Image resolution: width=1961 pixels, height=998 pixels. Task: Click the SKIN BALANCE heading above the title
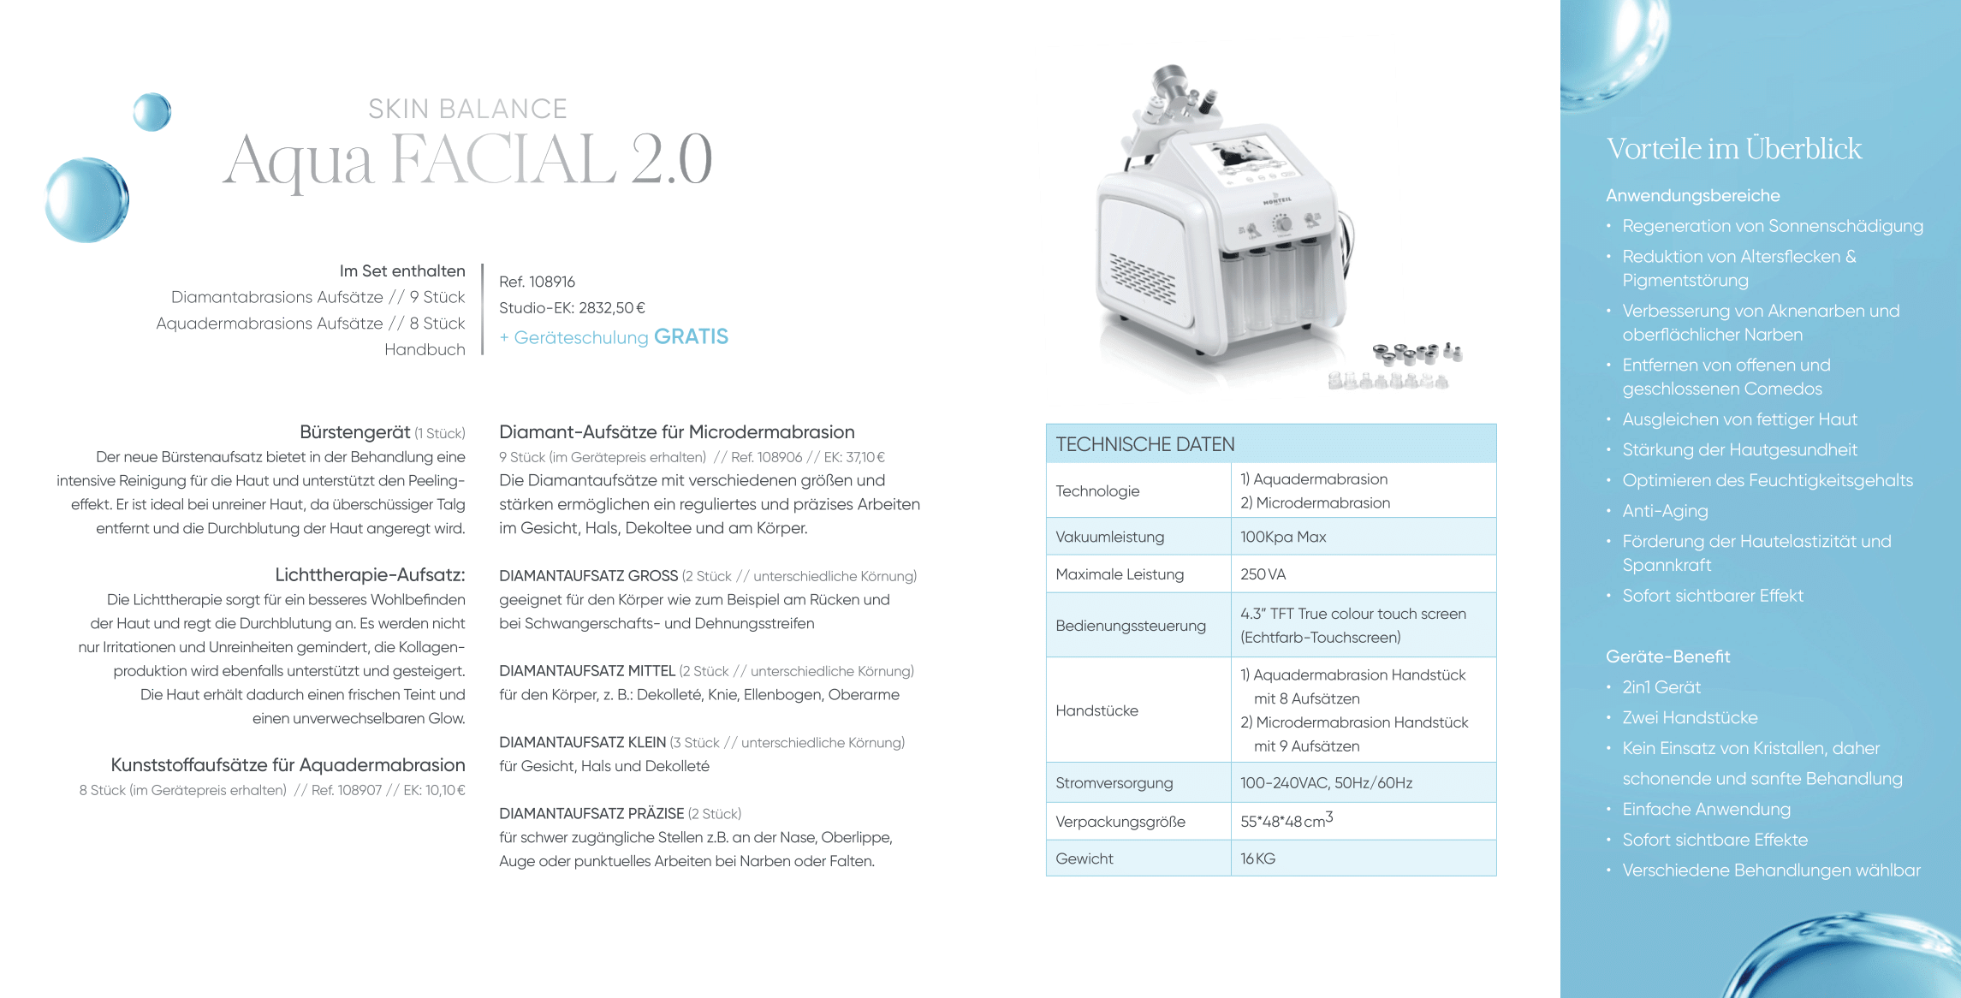point(467,109)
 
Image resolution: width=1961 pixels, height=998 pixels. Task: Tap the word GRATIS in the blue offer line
point(691,336)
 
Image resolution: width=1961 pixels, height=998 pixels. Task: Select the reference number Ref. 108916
point(537,282)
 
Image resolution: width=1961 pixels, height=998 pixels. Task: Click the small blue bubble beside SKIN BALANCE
point(152,112)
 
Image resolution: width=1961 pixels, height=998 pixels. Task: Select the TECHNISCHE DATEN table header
point(1144,444)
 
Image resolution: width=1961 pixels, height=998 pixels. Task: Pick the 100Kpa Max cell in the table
point(1282,537)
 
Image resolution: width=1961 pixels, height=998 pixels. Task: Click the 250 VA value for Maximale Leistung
point(1263,574)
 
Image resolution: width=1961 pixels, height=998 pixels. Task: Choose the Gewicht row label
point(1084,858)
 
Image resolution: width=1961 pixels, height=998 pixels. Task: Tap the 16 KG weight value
point(1257,858)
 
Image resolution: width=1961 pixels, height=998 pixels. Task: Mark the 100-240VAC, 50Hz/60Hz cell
point(1326,783)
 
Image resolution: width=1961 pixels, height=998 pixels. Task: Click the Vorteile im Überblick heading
point(1733,149)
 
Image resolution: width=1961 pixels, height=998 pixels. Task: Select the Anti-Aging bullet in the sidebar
point(1665,511)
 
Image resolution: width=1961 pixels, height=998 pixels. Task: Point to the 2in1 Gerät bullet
point(1661,687)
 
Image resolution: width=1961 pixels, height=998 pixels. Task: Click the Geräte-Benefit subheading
point(1667,656)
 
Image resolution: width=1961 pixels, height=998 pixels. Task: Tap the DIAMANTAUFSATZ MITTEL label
point(587,671)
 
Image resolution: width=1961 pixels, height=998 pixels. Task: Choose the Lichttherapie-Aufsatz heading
point(370,574)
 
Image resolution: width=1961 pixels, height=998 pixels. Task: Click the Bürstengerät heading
point(355,432)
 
